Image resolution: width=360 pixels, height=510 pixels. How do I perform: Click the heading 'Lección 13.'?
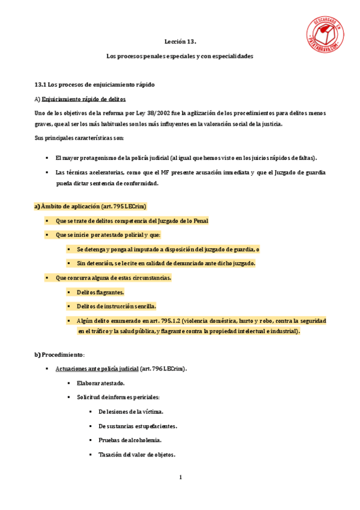tap(180, 42)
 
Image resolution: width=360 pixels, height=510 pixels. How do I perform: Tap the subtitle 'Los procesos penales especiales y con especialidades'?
tap(180, 56)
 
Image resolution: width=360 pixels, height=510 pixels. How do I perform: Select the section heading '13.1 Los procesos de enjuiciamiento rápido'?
tap(99, 85)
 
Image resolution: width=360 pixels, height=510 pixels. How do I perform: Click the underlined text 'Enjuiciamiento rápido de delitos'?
tap(84, 99)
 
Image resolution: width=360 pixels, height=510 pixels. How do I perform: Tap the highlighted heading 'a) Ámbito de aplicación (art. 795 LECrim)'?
tap(90, 206)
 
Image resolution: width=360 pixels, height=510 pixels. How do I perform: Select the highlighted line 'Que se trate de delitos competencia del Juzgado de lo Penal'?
tap(132, 221)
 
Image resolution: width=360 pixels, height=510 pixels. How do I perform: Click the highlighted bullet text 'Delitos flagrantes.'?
tap(100, 292)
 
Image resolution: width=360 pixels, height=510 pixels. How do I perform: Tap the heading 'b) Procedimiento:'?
tap(59, 355)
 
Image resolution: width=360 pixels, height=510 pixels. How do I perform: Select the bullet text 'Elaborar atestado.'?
tap(100, 383)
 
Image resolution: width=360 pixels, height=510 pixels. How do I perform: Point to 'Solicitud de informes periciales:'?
tap(118, 397)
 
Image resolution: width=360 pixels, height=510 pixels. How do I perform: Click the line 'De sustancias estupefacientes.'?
tap(138, 426)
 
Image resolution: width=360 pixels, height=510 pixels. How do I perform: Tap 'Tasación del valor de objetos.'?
tap(136, 455)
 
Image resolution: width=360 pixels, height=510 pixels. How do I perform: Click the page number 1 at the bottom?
tap(180, 478)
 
